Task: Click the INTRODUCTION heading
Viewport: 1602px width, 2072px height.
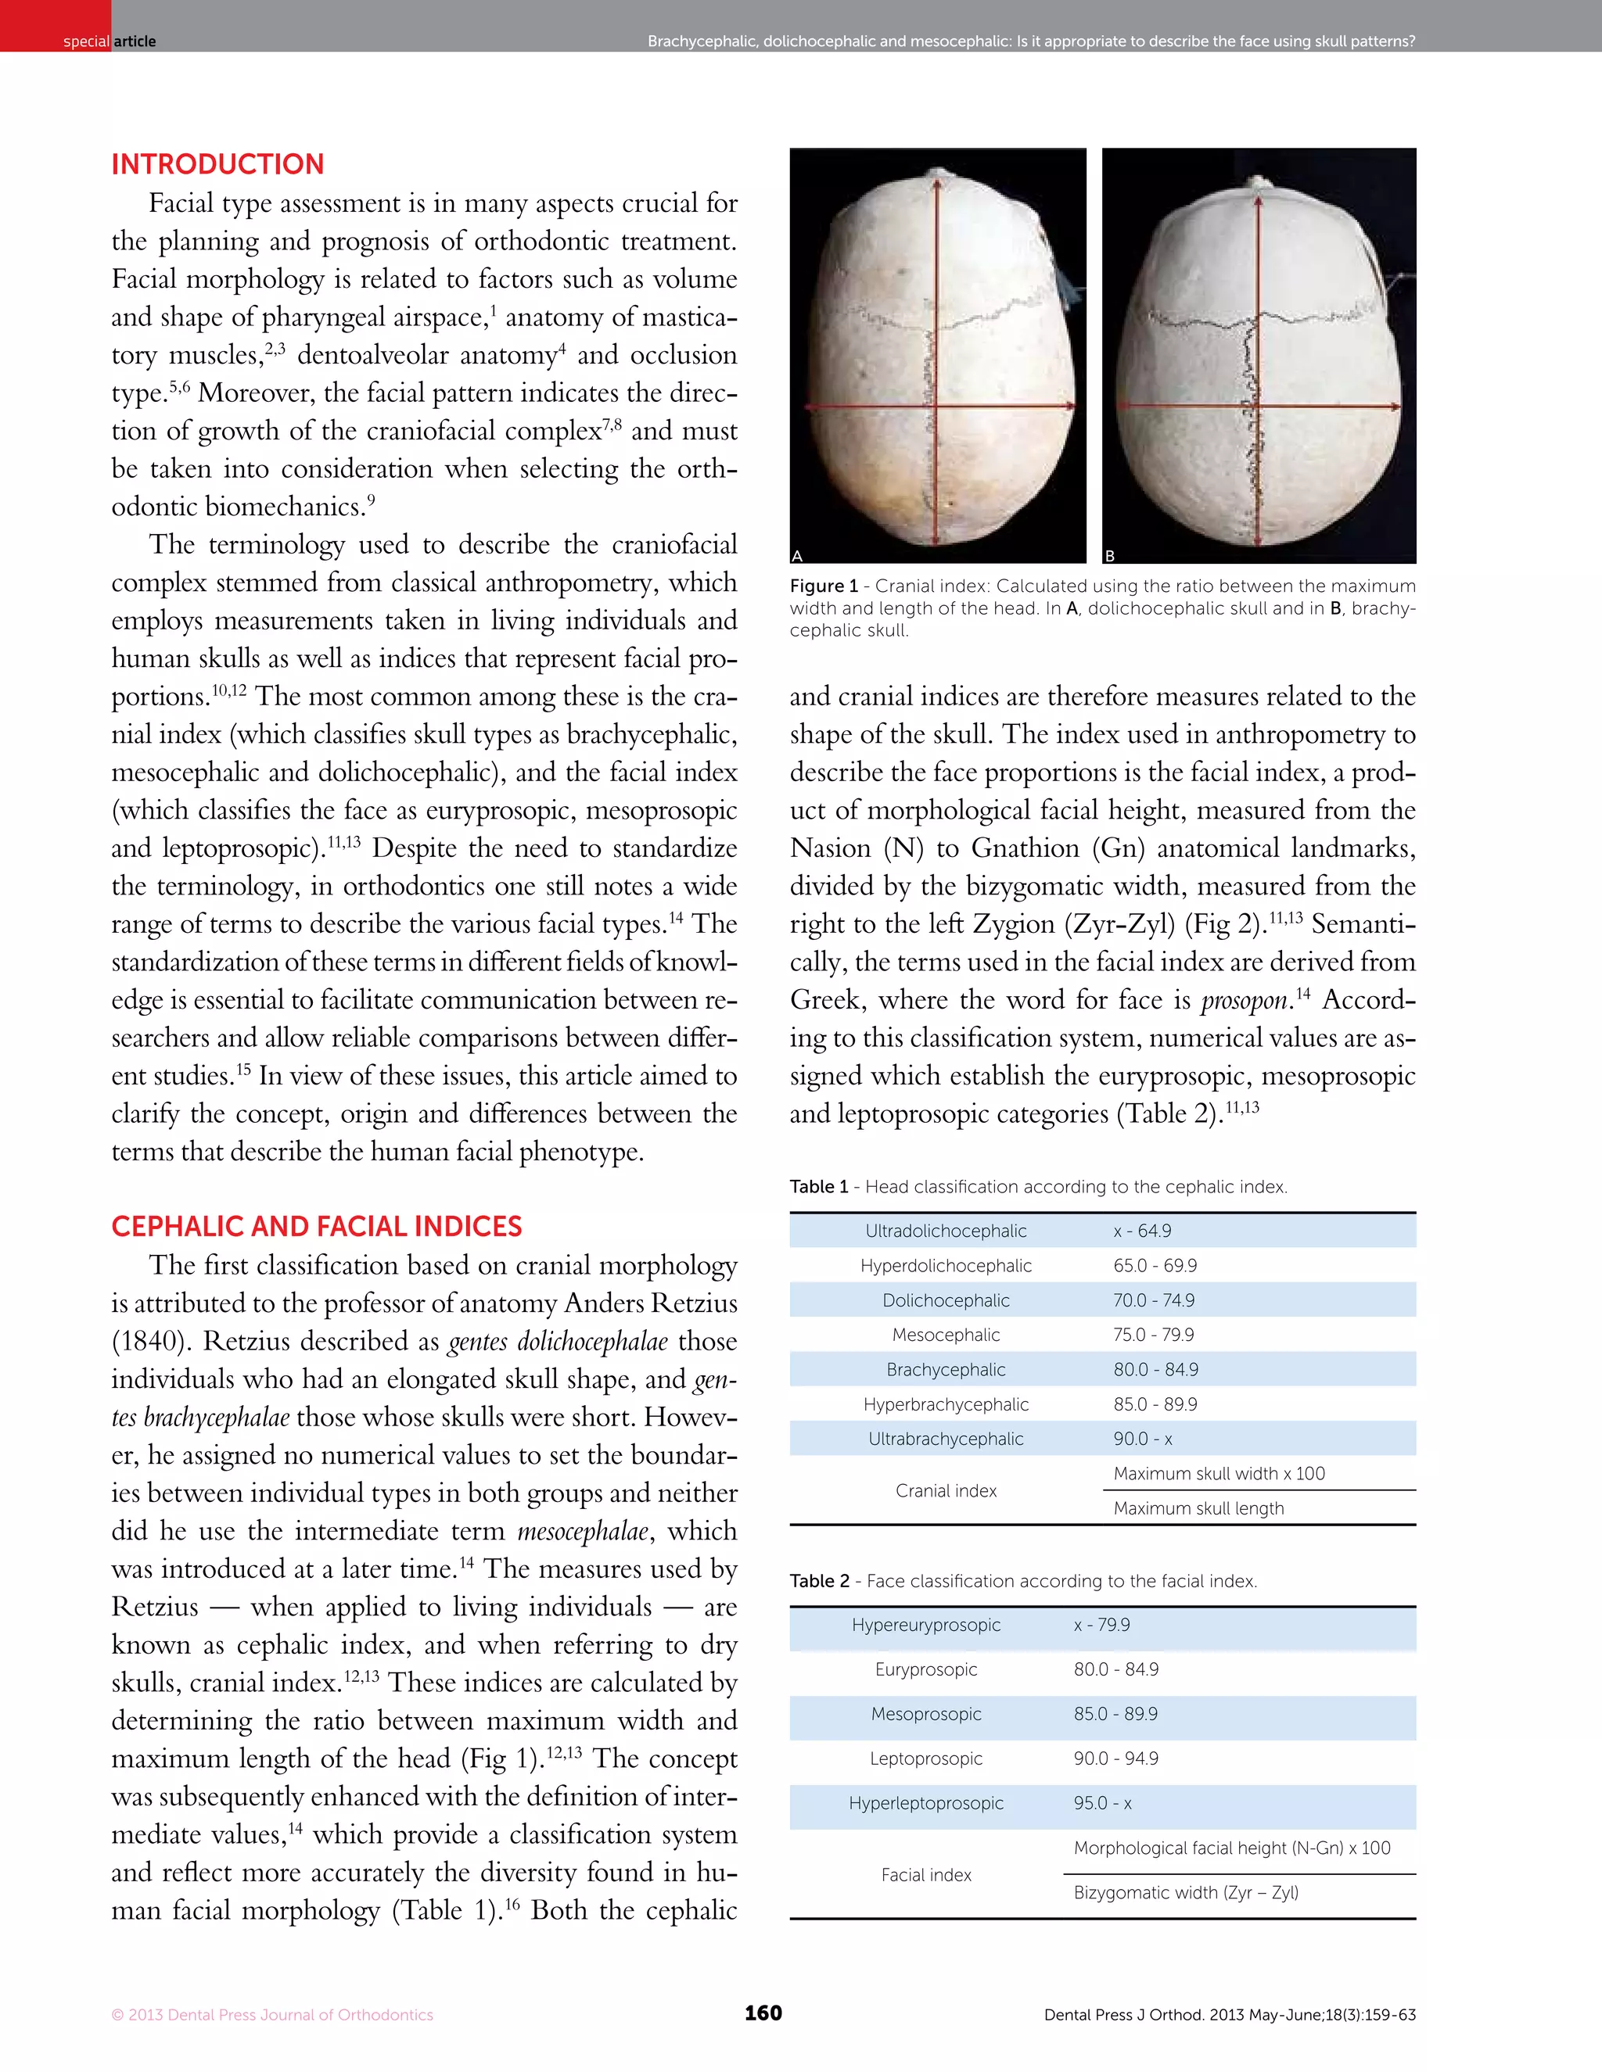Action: tap(217, 164)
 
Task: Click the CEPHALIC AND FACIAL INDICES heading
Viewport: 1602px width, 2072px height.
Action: tap(316, 1227)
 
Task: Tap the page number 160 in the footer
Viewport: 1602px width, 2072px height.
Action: tap(763, 2013)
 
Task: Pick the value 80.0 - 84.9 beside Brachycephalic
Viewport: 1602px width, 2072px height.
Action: tap(1155, 1370)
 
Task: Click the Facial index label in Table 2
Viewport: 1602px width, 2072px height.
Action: tap(925, 1876)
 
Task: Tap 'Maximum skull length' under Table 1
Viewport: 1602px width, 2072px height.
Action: tap(1198, 1508)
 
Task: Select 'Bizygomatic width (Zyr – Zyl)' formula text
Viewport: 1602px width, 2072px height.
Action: tap(1185, 1893)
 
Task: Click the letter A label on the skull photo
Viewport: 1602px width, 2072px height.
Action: tap(797, 556)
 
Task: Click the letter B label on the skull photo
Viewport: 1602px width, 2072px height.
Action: tap(1109, 556)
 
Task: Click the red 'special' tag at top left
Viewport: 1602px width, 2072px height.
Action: tap(85, 41)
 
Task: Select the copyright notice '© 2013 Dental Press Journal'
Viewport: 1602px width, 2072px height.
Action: tap(271, 2015)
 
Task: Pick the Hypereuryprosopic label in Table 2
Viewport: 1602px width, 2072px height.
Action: tap(925, 1626)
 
